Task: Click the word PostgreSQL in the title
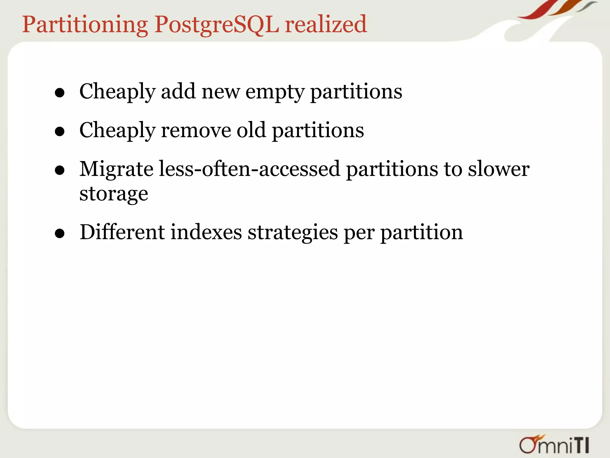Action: pyautogui.click(x=217, y=24)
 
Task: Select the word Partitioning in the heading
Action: pyautogui.click(x=85, y=24)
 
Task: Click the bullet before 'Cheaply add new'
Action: pyautogui.click(x=60, y=93)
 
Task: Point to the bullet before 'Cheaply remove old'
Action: pyautogui.click(x=60, y=131)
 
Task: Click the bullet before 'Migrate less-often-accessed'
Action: pyautogui.click(x=60, y=170)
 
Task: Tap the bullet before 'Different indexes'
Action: pyautogui.click(x=60, y=233)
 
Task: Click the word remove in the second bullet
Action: pyautogui.click(x=196, y=131)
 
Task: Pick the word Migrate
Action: pyautogui.click(x=116, y=169)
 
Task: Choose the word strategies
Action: pyautogui.click(x=293, y=233)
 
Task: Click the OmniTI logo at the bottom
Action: pyautogui.click(x=554, y=445)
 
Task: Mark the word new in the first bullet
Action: pyautogui.click(x=220, y=92)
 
